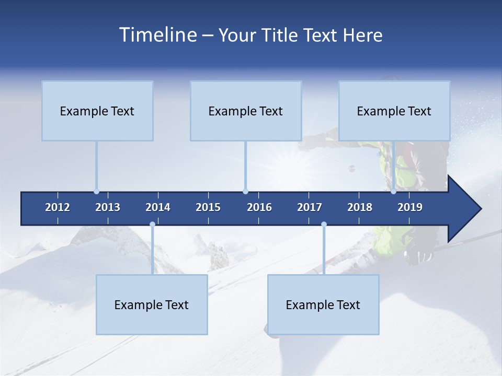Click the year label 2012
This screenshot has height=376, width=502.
coord(58,207)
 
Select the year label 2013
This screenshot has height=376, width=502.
coord(108,207)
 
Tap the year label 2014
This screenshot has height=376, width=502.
coord(158,207)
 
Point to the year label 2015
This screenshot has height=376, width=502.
coord(208,207)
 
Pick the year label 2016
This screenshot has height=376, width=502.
coord(259,207)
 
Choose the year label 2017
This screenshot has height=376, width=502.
coord(310,207)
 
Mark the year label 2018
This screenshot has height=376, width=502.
coord(360,207)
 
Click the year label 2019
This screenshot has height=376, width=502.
coord(410,207)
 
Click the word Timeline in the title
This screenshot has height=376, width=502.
coord(157,35)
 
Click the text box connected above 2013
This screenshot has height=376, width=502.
coord(97,111)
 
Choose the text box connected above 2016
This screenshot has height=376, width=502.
coord(246,111)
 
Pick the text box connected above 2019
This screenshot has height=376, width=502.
coord(394,111)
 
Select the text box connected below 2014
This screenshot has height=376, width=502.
coord(152,304)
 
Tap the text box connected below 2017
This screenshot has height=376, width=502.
coord(323,304)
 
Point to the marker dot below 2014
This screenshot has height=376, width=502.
coord(152,225)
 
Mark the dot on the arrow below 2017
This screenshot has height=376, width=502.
coord(324,225)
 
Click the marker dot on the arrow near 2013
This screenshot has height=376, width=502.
coord(96,192)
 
